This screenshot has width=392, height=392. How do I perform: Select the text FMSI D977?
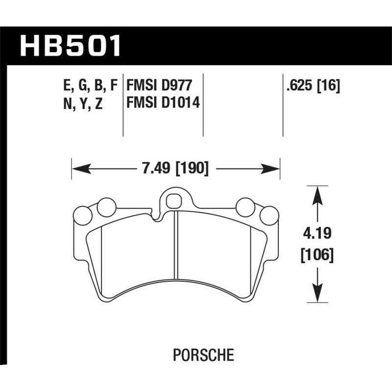pyautogui.click(x=158, y=86)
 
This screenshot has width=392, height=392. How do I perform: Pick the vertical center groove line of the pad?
pyautogui.click(x=176, y=245)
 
